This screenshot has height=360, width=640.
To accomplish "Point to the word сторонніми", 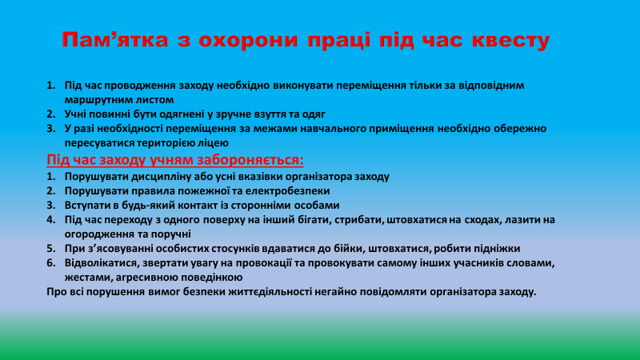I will [270, 205].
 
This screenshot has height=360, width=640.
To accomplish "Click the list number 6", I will [50, 262].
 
